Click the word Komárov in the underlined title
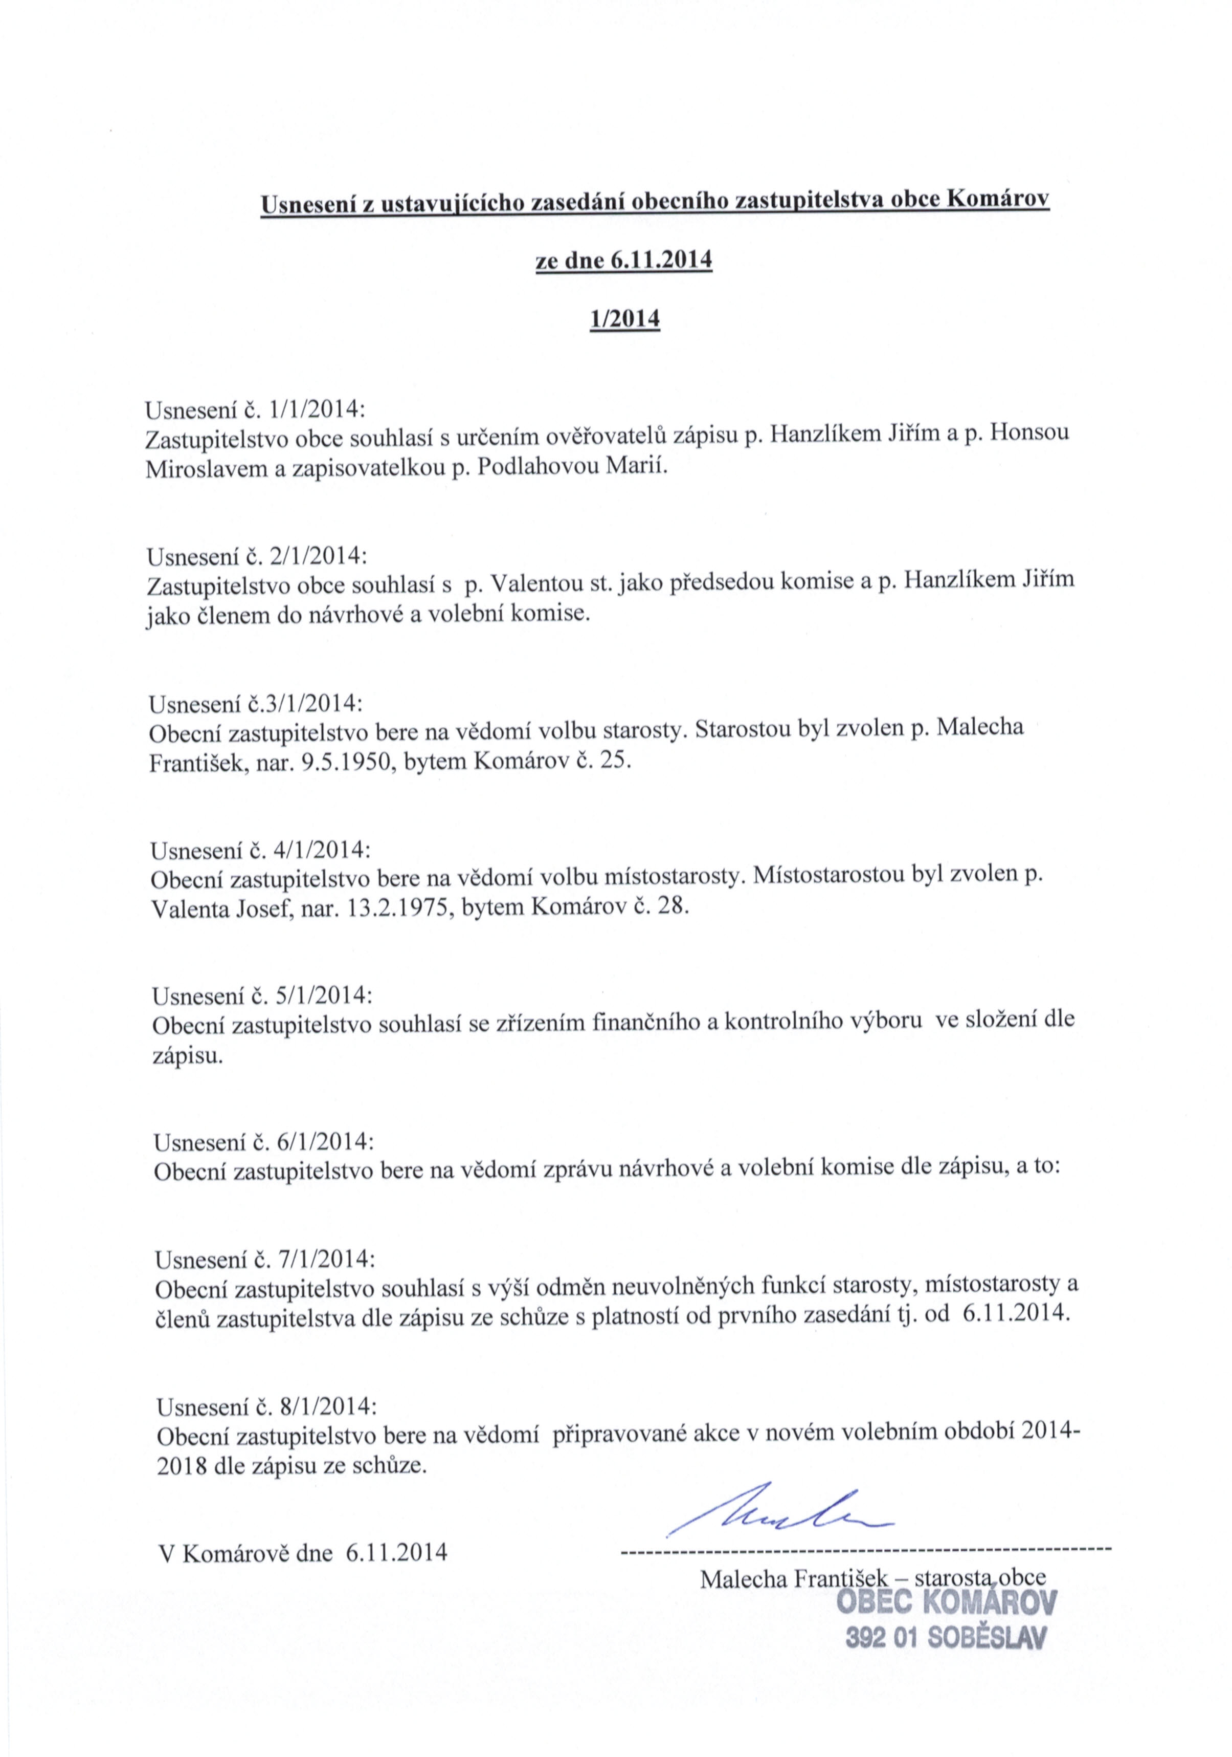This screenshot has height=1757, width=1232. point(999,201)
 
